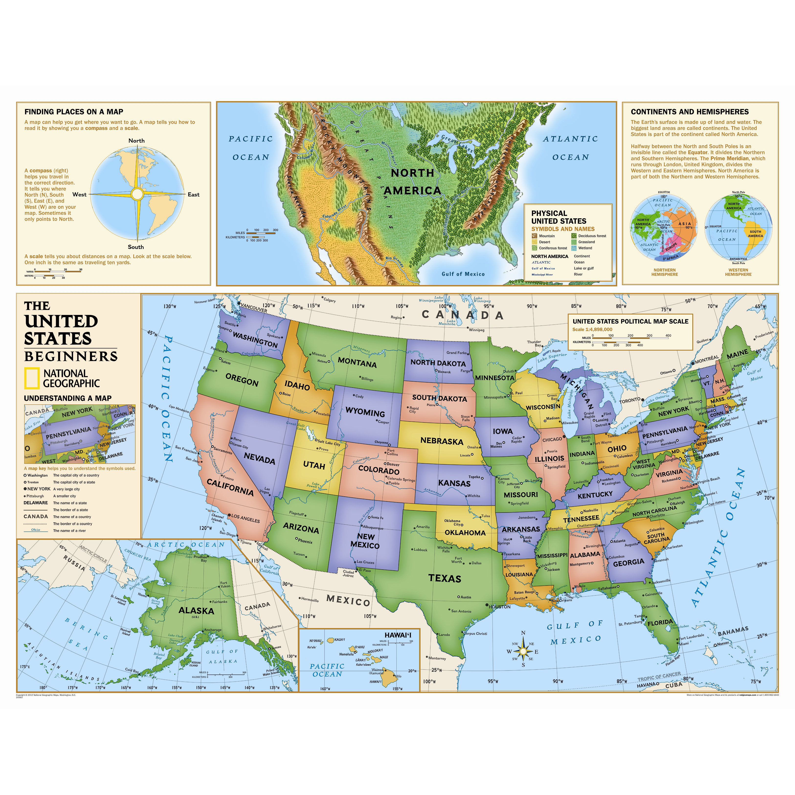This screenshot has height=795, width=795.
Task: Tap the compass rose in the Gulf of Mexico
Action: [x=523, y=651]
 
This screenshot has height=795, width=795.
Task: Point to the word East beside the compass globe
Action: [x=193, y=195]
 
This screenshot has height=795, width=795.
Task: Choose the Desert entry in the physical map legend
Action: [x=544, y=242]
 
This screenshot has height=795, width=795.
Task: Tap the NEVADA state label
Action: [x=259, y=458]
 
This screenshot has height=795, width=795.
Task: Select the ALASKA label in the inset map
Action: [x=196, y=611]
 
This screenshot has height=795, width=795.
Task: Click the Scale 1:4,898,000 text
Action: [x=592, y=329]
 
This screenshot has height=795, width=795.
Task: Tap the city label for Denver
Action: [x=393, y=464]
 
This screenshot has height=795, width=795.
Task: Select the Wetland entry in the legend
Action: [x=585, y=248]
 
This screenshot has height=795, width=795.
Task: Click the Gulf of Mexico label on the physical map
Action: [x=463, y=274]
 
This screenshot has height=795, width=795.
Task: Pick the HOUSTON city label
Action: [x=500, y=606]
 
